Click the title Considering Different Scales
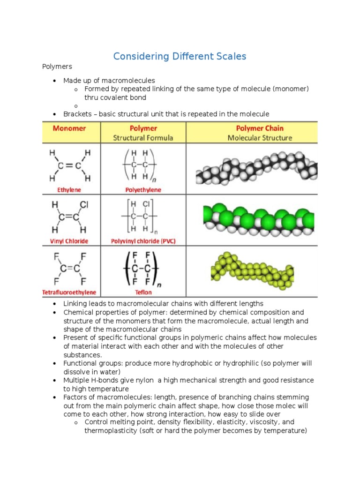tap(180, 56)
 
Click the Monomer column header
tap(69, 128)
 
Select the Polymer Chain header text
tap(259, 128)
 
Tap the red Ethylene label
tap(69, 190)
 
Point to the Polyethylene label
tap(143, 190)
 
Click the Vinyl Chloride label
tap(69, 241)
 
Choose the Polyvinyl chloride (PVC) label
tap(143, 241)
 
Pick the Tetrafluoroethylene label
tap(69, 292)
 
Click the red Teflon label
tap(143, 292)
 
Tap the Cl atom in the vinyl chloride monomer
tap(84, 205)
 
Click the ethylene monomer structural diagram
tap(69, 165)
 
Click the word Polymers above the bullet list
tap(57, 67)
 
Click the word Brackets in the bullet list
tap(77, 114)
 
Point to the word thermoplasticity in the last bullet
tap(111, 431)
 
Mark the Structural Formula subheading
tap(143, 138)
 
